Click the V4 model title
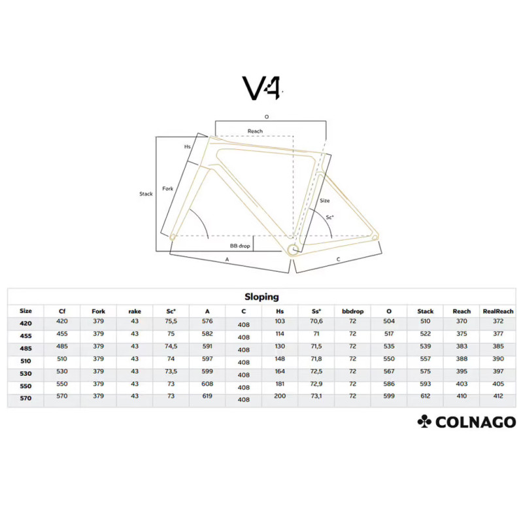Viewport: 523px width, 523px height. pos(262,88)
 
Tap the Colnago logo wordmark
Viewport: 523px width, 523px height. pos(476,422)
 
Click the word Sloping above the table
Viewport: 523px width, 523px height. pos(261,297)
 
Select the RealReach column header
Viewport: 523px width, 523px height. pos(498,311)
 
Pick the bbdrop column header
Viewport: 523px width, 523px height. pos(352,311)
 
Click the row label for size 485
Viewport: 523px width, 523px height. pos(25,348)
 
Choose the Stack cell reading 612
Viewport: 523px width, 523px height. pos(426,396)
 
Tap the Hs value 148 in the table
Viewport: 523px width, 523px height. pos(280,358)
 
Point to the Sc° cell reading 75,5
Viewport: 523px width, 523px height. pos(171,321)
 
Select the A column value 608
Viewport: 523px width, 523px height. pos(207,384)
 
